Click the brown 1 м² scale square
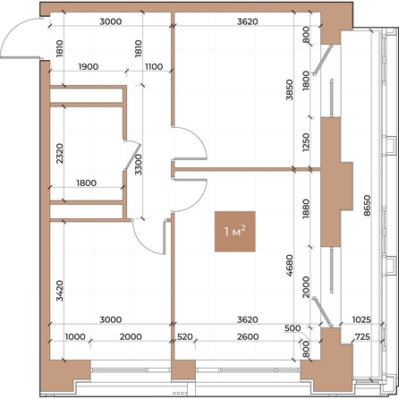(235, 232)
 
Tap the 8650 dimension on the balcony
(367, 205)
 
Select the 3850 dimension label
(289, 89)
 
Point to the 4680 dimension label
(289, 266)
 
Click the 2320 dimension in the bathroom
(60, 153)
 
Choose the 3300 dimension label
(138, 165)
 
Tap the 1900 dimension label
(89, 66)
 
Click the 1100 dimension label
(154, 66)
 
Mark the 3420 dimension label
(60, 291)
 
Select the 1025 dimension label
(361, 319)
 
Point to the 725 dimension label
(362, 337)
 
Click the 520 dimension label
(185, 337)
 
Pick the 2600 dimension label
(248, 337)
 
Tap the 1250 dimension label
(306, 142)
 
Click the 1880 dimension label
(306, 209)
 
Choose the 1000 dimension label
(75, 337)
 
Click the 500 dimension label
(293, 328)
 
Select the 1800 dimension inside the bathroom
(87, 183)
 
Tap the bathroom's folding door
(132, 155)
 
